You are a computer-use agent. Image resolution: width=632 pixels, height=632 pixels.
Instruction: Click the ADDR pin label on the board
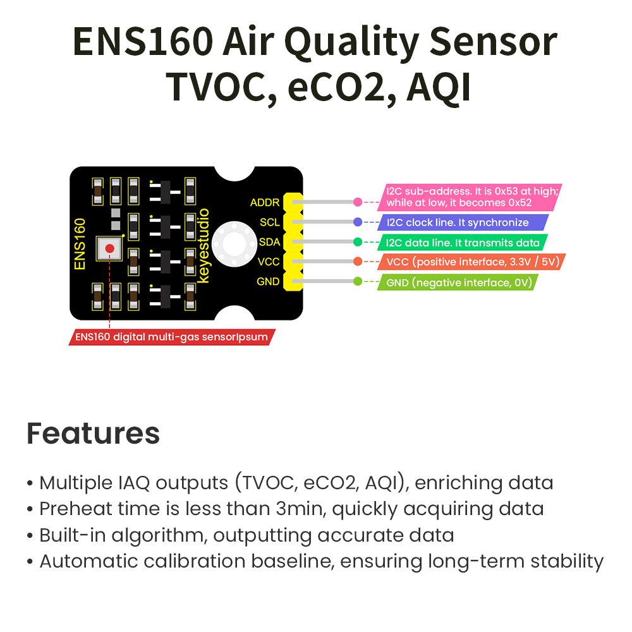(x=264, y=202)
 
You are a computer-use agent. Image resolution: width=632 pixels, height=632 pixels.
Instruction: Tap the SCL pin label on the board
(x=270, y=222)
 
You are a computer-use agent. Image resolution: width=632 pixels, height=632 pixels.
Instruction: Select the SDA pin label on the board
(x=269, y=242)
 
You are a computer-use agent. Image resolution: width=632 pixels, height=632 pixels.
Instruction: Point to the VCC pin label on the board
(x=269, y=262)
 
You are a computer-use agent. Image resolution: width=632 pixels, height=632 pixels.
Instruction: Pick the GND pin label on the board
(x=268, y=281)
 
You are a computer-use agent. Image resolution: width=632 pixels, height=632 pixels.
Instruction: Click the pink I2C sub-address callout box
(x=470, y=197)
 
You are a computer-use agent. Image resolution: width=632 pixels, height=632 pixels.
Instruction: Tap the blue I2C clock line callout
(x=463, y=222)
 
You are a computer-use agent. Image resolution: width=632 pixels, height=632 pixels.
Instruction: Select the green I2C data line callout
(x=463, y=243)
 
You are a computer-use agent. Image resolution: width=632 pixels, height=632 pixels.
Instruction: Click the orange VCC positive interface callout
(x=471, y=262)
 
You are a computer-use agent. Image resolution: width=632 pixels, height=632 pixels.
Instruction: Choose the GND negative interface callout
(x=458, y=282)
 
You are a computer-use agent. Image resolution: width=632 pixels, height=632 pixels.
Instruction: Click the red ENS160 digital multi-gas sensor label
(x=172, y=337)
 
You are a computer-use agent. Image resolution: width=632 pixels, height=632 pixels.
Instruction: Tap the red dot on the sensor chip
(x=109, y=248)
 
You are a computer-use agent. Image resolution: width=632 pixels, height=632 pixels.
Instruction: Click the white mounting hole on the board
(x=234, y=244)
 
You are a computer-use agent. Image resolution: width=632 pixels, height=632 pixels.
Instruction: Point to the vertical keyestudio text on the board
(x=204, y=245)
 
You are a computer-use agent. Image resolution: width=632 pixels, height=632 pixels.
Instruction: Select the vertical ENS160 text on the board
(x=80, y=244)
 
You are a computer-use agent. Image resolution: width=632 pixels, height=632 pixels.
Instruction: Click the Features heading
(x=93, y=434)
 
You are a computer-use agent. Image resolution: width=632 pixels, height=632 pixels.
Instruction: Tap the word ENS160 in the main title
(x=143, y=42)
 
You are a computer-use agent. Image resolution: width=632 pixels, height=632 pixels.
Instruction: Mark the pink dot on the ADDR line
(x=358, y=202)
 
